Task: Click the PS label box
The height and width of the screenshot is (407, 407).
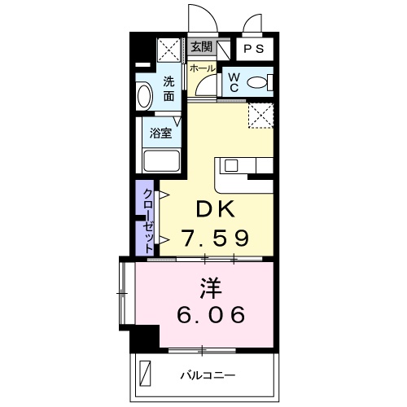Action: tap(252, 49)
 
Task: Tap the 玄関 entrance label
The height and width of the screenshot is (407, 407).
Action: tap(200, 48)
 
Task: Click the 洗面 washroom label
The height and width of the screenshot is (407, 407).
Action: tap(168, 88)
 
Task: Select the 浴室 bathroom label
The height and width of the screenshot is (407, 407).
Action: tap(160, 130)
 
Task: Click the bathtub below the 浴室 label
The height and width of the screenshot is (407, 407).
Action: tap(161, 160)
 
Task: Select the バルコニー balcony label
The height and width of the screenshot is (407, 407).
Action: tap(208, 375)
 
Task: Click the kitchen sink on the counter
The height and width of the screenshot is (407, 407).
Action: tap(230, 165)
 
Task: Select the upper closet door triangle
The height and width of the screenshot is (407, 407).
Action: tap(164, 195)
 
